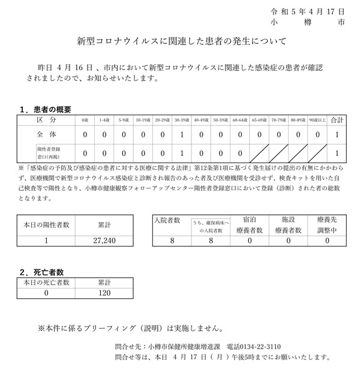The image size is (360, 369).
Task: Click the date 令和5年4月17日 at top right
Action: pyautogui.click(x=308, y=11)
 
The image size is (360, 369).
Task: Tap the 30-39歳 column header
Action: pyautogui.click(x=181, y=120)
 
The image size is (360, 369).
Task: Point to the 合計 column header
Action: pyautogui.click(x=337, y=120)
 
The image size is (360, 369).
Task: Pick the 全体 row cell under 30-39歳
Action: pyautogui.click(x=181, y=136)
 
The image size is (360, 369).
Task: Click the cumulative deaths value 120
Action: pyautogui.click(x=104, y=293)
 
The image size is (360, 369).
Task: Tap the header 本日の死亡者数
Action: pyautogui.click(x=47, y=281)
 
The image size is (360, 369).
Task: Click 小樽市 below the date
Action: pyautogui.click(x=308, y=24)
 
